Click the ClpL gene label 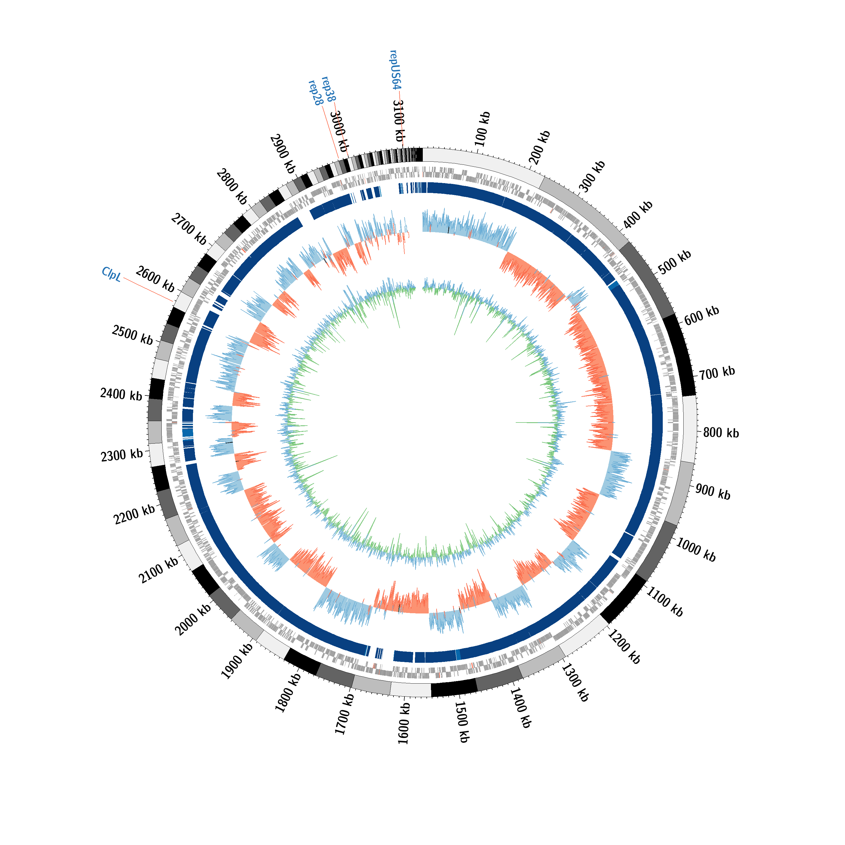(x=111, y=274)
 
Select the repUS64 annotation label (x=395, y=70)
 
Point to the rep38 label (x=328, y=89)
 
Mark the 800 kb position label (x=721, y=433)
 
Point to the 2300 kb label (x=122, y=455)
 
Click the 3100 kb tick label (x=399, y=120)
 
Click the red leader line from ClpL (x=148, y=289)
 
